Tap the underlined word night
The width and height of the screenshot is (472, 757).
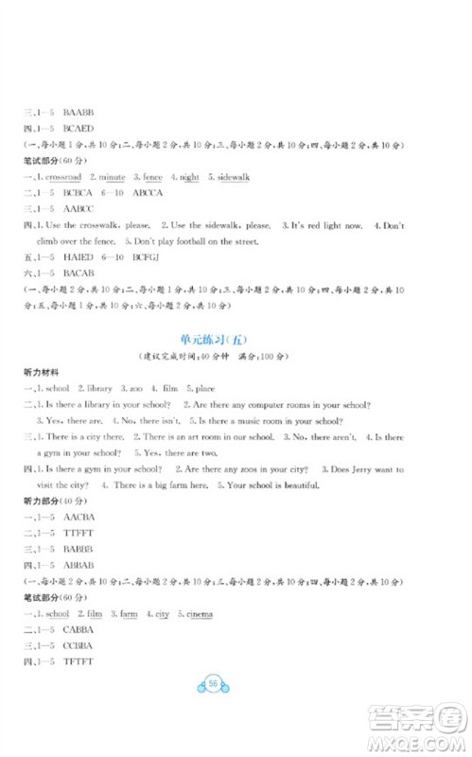point(189,177)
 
